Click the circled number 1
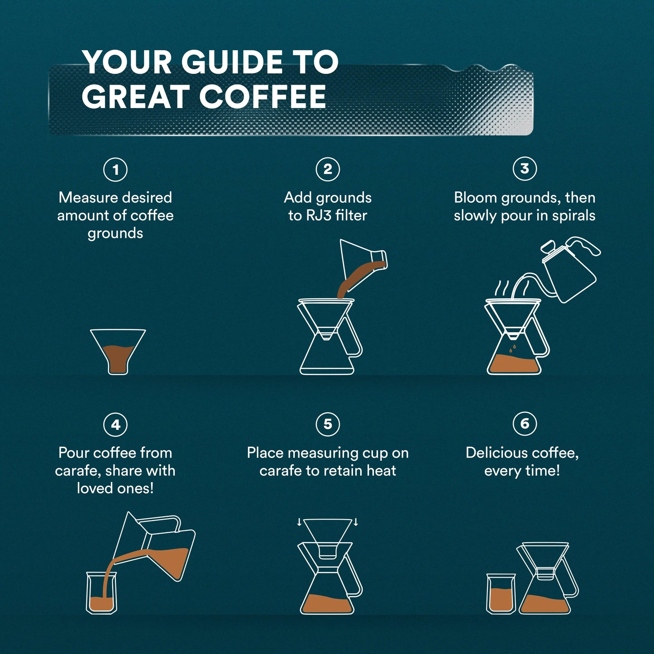point(115,170)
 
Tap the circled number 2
point(328,169)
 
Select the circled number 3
point(525,169)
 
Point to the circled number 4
point(115,425)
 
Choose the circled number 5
point(328,424)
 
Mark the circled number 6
point(525,424)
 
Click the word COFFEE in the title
point(263,97)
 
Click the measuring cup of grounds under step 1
point(118,351)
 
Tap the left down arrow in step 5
point(299,522)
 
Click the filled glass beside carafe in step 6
point(501,594)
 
